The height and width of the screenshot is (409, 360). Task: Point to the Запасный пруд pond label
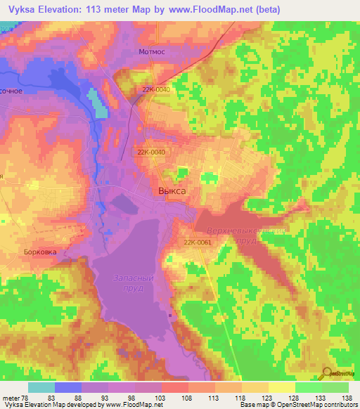pyautogui.click(x=133, y=283)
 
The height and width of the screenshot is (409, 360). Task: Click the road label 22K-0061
pyautogui.click(x=198, y=243)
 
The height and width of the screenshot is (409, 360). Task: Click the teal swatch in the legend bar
pyautogui.click(x=41, y=387)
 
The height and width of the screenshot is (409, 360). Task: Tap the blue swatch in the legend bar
pyautogui.click(x=68, y=387)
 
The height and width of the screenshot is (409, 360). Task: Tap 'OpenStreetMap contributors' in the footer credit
pyautogui.click(x=318, y=405)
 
